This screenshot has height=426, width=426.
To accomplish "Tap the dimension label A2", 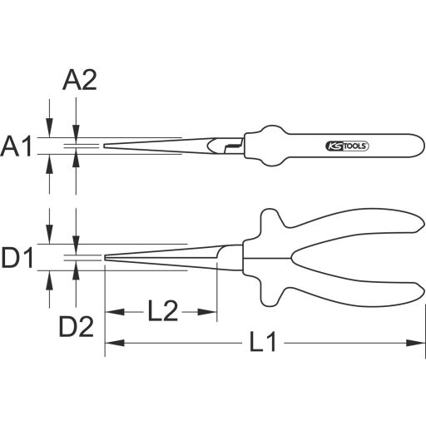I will point(80,80).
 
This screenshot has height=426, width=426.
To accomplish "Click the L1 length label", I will point(263,342).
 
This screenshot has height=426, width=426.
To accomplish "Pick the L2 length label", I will point(164,313).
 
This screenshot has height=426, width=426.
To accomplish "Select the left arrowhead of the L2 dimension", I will point(111,313).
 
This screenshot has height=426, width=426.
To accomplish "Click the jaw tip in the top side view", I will point(106,146).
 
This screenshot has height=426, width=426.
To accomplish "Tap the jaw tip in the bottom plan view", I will point(106,259).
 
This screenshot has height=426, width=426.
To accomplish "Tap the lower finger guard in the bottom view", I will point(268,298).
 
